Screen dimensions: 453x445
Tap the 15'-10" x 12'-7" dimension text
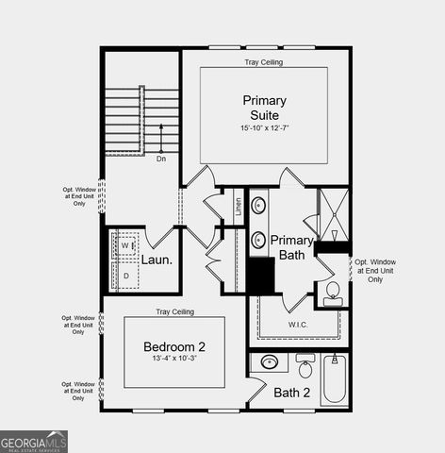coord(265,127)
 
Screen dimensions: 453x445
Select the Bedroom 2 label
coord(174,346)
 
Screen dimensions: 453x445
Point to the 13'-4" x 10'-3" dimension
coord(174,360)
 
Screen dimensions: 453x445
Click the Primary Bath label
coord(292,247)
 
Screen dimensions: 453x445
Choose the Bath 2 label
coord(292,393)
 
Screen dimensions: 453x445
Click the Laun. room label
coord(157,260)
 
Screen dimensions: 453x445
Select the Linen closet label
coord(239,207)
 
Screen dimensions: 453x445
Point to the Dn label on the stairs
coord(161,159)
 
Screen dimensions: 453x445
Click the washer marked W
coord(124,246)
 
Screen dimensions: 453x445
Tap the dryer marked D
coord(125,275)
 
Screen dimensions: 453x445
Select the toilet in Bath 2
coord(305,363)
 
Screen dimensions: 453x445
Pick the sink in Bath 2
coord(270,361)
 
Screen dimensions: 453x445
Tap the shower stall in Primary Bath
coord(333,217)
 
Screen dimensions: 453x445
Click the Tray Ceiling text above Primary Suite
coord(265,62)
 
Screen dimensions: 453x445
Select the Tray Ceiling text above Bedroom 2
coord(174,311)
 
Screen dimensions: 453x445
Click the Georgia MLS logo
coord(34,441)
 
